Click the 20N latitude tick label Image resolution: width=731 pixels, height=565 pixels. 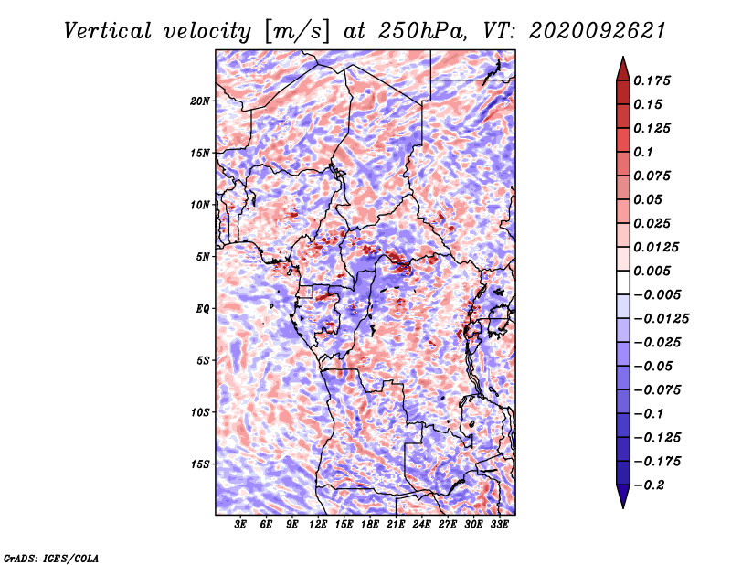coord(200,101)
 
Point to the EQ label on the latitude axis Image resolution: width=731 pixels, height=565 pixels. coord(203,309)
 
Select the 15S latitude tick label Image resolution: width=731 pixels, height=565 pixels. coord(200,464)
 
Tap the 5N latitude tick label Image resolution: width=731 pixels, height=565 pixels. coord(203,257)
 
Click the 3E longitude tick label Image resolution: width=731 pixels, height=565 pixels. coord(240,525)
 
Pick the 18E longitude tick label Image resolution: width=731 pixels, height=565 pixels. coord(370,525)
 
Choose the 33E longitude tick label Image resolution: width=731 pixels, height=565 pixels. coord(499,525)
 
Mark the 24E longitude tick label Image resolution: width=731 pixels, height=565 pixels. coord(421,525)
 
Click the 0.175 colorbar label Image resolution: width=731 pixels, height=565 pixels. coord(652,80)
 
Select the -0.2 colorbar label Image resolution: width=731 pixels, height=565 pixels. coord(649,485)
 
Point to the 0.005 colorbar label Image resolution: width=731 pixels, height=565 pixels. coord(652,271)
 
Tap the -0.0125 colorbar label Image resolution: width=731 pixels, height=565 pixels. coord(661,319)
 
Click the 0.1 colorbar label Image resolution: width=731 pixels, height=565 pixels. coord(643,152)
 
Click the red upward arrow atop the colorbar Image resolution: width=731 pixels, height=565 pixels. coord(623,69)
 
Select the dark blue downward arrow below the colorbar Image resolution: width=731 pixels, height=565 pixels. coord(623,496)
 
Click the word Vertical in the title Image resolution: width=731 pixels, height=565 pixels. coord(108,31)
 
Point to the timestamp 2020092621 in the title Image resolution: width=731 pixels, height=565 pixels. coord(598,31)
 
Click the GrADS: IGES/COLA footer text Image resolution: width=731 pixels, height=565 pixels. coord(51,558)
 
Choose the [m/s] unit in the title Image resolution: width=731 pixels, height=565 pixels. coord(297,32)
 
